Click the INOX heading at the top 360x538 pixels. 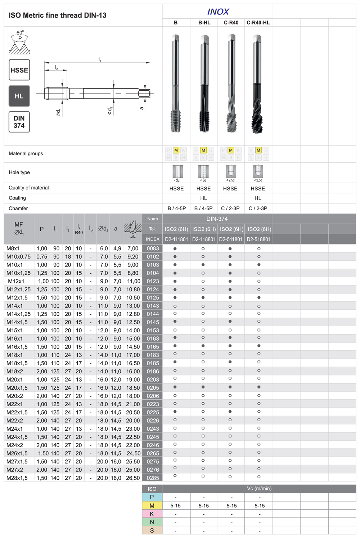[218, 12]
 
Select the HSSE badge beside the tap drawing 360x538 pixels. [19, 70]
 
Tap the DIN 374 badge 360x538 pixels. [19, 122]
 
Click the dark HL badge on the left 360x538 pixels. [19, 96]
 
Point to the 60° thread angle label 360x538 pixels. [20, 33]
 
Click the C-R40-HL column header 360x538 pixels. [258, 23]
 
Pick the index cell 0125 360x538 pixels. [153, 298]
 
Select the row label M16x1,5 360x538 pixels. [17, 347]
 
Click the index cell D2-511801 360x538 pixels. [231, 239]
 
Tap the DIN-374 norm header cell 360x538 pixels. [217, 219]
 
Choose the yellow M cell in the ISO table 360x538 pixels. [152, 506]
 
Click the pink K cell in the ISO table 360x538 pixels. [152, 514]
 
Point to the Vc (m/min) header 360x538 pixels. [259, 489]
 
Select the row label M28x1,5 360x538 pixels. [17, 478]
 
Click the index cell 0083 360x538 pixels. [153, 248]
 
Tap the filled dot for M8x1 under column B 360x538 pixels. [175, 248]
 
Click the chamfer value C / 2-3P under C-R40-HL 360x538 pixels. [258, 208]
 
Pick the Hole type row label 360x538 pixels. [19, 172]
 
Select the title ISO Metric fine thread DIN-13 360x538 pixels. [58, 15]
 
